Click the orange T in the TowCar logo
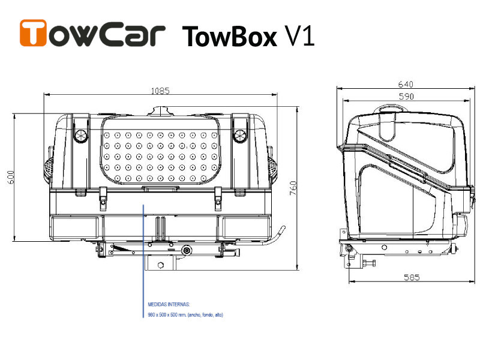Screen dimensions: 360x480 coord(34,33)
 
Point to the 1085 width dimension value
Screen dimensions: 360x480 coord(160,91)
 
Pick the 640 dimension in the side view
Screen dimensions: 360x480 coord(406,85)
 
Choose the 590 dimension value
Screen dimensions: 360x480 coord(406,96)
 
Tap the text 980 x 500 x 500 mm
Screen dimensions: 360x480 coord(169,315)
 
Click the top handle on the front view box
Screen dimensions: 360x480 coord(161,112)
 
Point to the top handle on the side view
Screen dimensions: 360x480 coord(390,109)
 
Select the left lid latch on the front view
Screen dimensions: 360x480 coord(80,134)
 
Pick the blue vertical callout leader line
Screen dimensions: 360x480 coord(143,252)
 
